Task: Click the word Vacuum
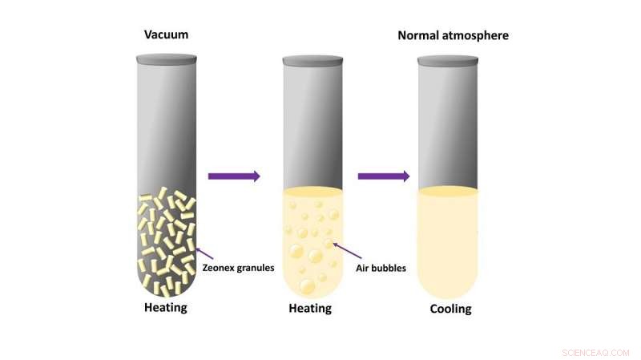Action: [166, 34]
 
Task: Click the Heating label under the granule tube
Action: [166, 307]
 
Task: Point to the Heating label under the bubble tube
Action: [310, 308]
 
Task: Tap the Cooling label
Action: [450, 309]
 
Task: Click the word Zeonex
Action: [218, 268]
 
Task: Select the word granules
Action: [255, 269]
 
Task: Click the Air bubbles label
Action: [381, 268]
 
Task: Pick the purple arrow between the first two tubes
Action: [234, 176]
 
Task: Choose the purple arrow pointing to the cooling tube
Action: [384, 176]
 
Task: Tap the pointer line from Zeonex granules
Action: [204, 253]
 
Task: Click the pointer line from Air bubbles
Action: [347, 250]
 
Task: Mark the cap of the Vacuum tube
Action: [167, 59]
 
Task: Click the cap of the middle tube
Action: [312, 61]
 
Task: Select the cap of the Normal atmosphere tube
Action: [448, 61]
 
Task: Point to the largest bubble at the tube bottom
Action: [307, 286]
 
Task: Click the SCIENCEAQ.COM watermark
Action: [595, 353]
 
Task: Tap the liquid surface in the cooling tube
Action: [448, 191]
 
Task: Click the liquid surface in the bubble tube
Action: [312, 192]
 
